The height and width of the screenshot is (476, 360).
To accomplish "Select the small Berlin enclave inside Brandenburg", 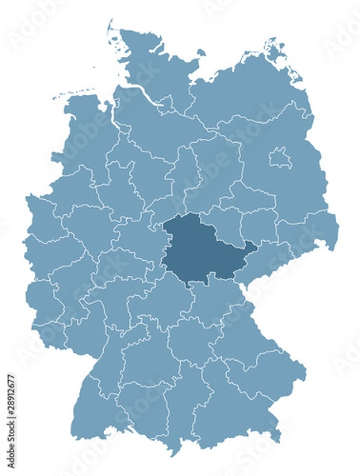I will [278, 159].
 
